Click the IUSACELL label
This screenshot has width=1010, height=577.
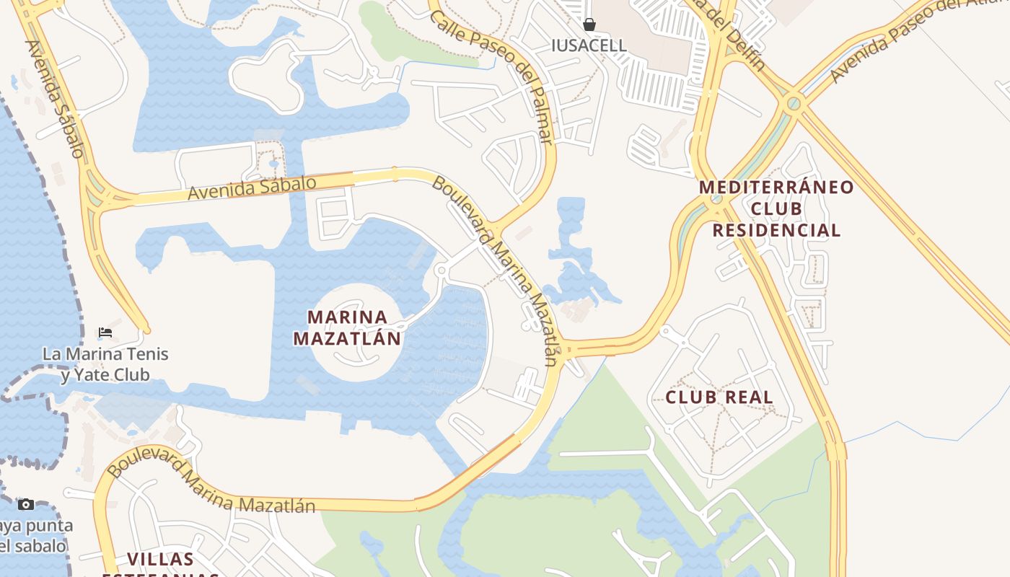[x=589, y=45]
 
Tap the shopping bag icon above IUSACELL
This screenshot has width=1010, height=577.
[x=589, y=25]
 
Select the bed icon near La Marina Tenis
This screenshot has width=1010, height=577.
[x=105, y=332]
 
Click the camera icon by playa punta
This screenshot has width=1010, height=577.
[x=26, y=504]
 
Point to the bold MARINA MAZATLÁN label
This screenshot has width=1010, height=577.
[x=347, y=327]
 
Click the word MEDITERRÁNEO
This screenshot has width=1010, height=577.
[x=776, y=188]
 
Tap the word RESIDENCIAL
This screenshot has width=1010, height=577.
[x=776, y=231]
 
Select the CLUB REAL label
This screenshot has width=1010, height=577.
[x=719, y=397]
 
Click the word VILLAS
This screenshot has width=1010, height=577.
[x=160, y=559]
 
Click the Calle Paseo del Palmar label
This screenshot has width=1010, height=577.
[x=493, y=76]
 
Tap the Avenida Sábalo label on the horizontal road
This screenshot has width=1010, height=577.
[x=252, y=188]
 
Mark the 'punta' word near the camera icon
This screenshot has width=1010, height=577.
[x=58, y=525]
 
